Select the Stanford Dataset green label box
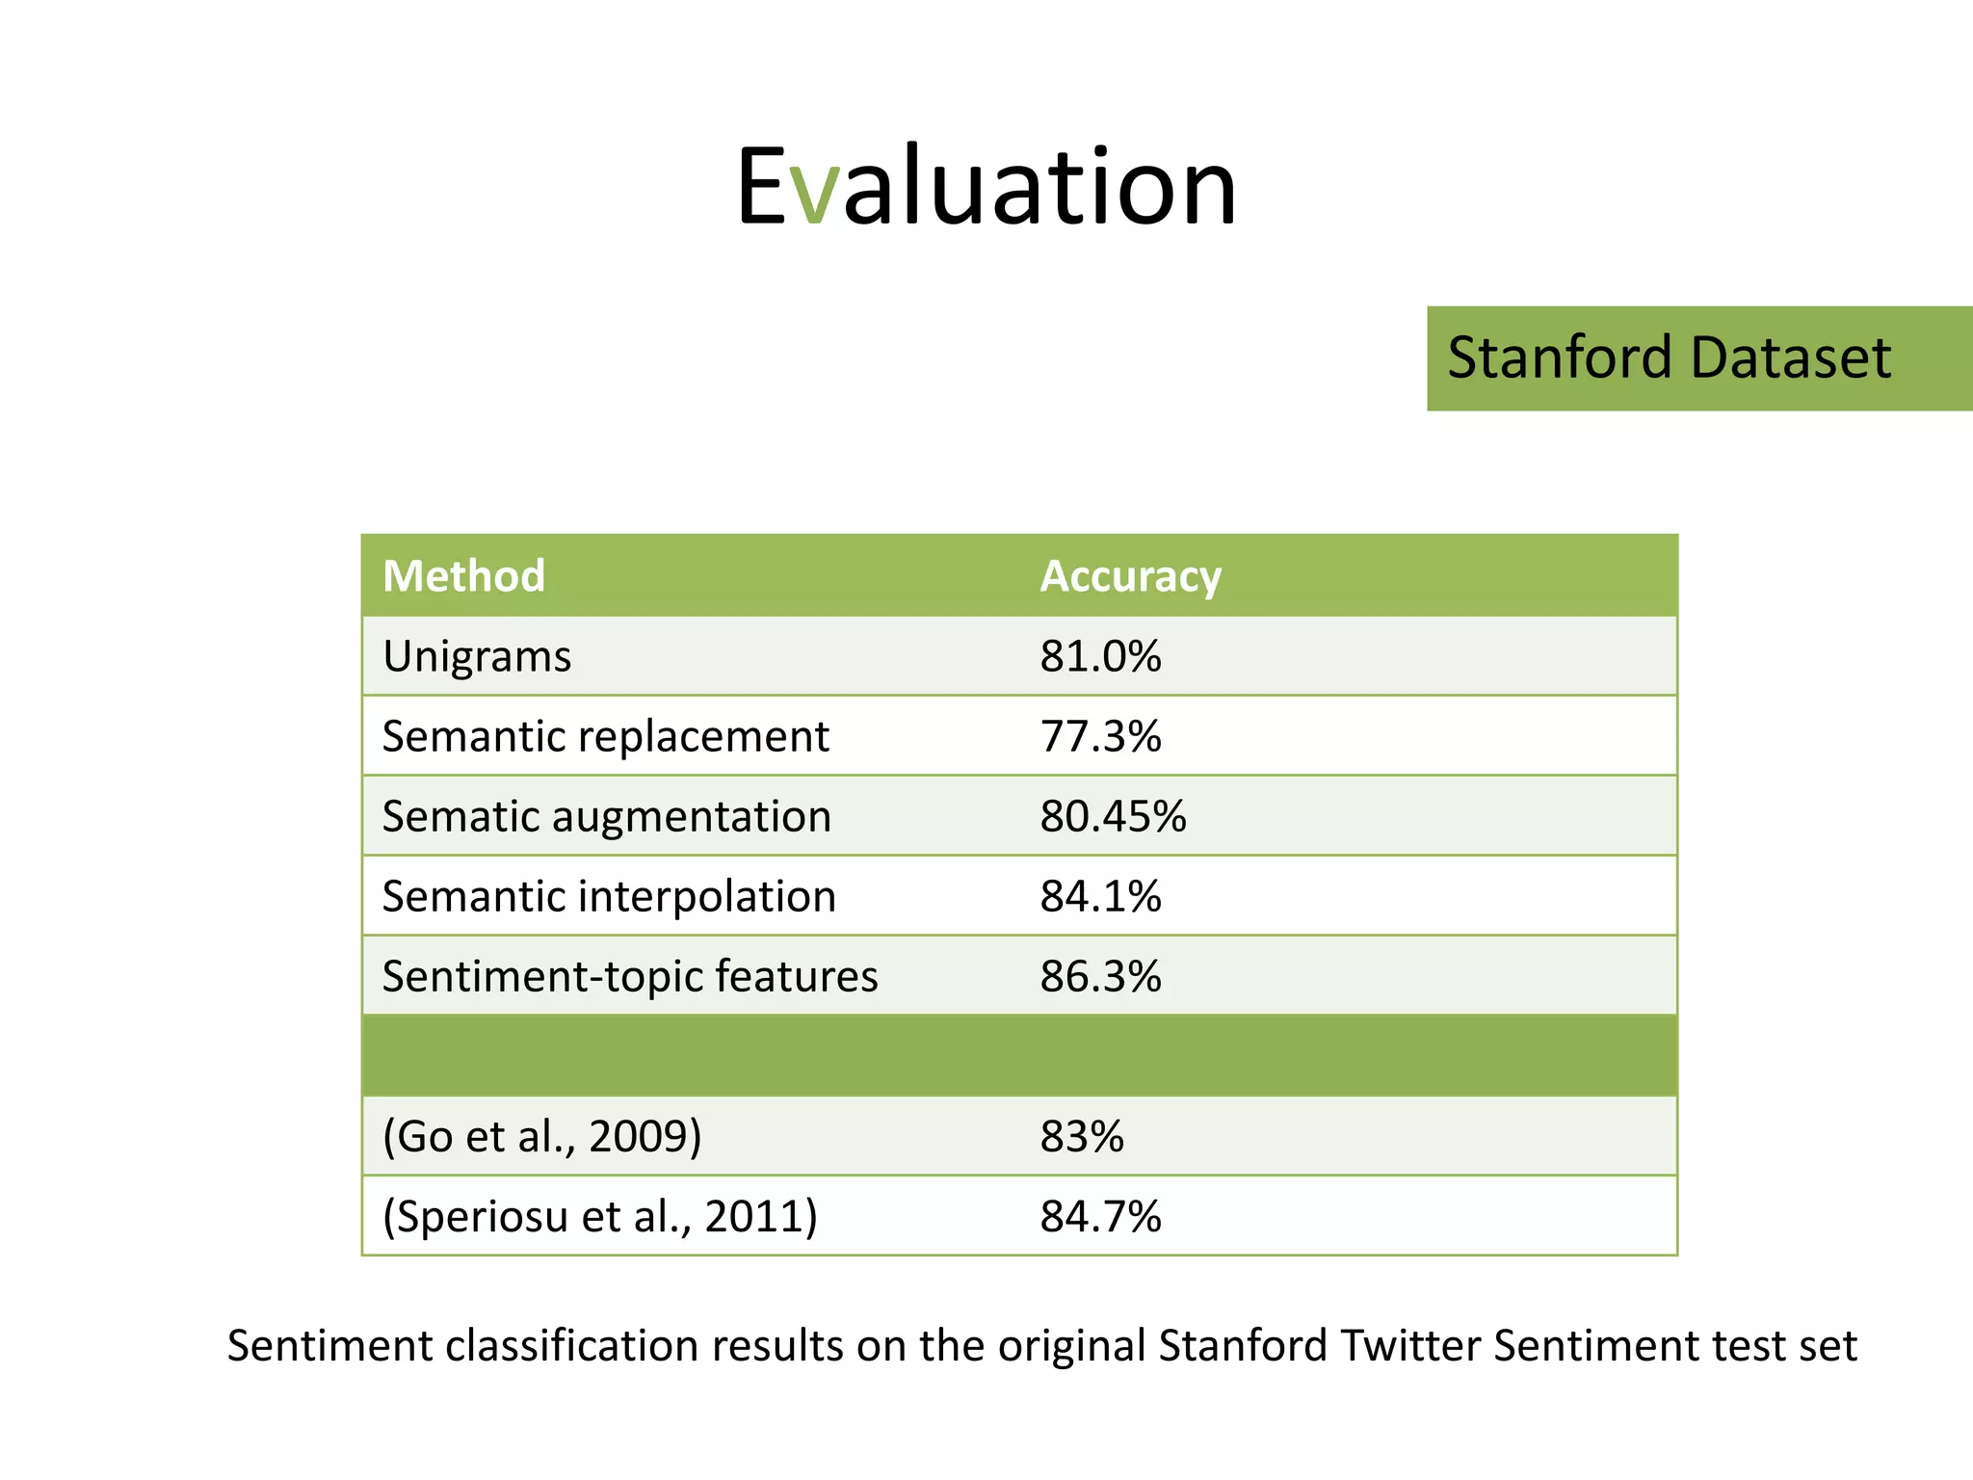[1698, 358]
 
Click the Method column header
[463, 576]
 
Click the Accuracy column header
[1130, 576]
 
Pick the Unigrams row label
[477, 657]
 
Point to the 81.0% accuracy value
[1100, 657]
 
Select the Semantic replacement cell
[605, 737]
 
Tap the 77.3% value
[1100, 737]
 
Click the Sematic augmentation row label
[606, 817]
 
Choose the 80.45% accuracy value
[1113, 817]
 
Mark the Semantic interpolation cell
[609, 897]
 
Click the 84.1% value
[1100, 897]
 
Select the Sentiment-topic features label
[630, 977]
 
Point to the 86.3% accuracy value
[1100, 977]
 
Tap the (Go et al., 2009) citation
[541, 1137]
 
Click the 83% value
[1081, 1137]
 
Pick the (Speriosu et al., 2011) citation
[599, 1217]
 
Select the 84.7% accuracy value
[1100, 1217]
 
